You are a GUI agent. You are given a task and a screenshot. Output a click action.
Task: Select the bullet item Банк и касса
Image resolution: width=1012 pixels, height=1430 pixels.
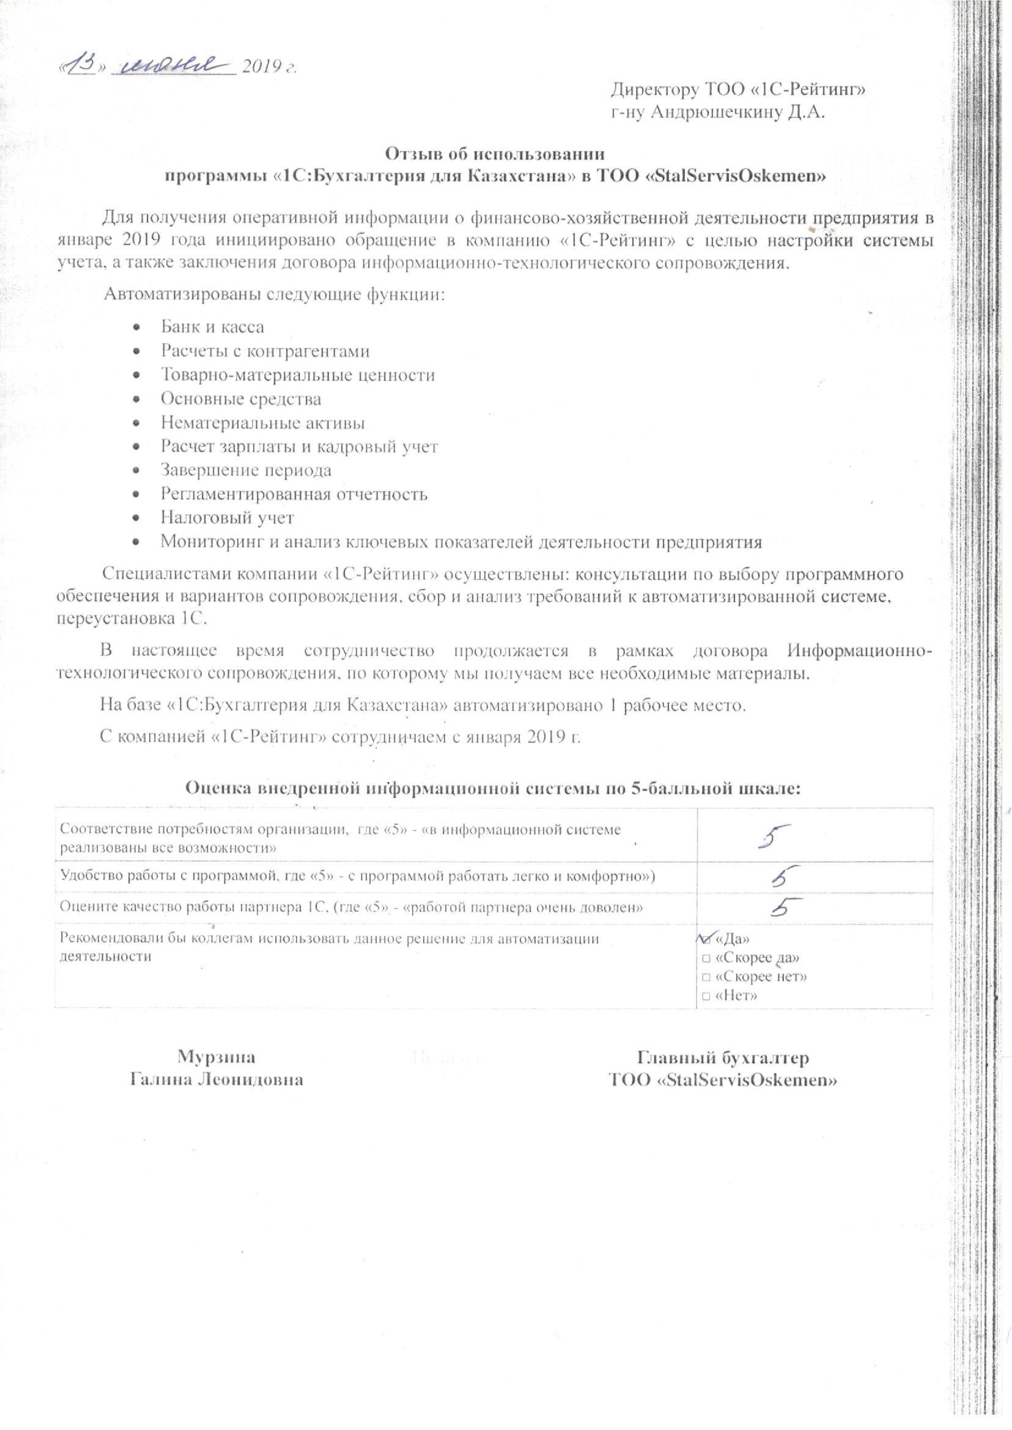(x=212, y=327)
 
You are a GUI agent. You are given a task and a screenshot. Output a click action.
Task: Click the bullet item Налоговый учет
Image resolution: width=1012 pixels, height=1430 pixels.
(x=227, y=517)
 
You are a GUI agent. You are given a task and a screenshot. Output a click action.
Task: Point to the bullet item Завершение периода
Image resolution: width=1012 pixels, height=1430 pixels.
(x=245, y=470)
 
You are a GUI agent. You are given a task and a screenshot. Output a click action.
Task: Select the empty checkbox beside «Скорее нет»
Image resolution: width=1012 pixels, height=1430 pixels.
(x=706, y=976)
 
